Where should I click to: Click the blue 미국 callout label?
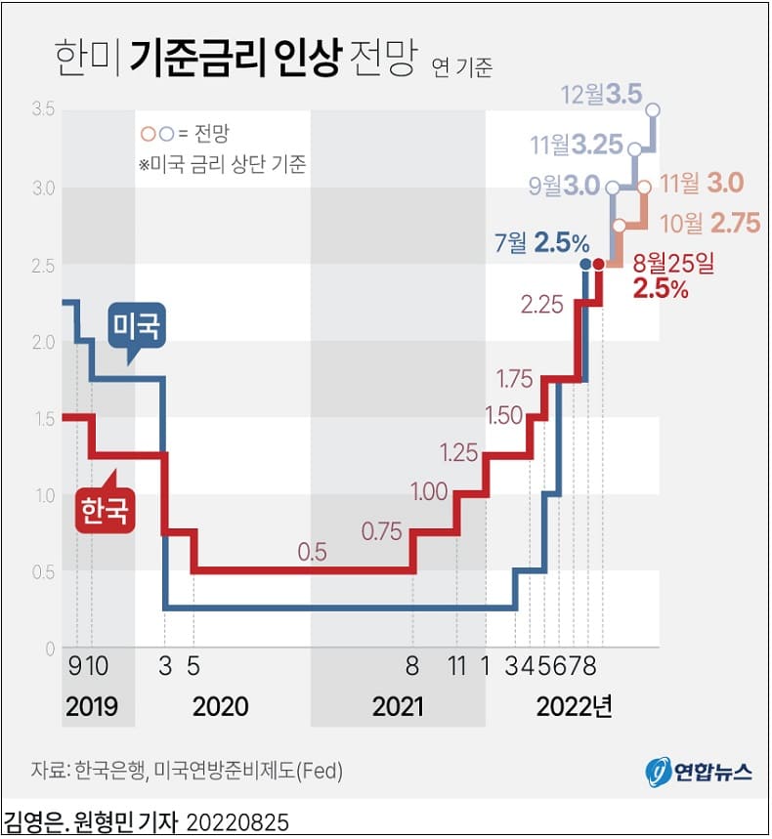coord(137,325)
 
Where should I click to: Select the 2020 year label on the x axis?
coord(220,706)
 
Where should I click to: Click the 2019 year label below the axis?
coord(92,706)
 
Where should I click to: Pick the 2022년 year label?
coord(574,706)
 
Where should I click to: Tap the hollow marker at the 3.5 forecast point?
coord(653,110)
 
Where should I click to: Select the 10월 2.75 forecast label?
coord(710,223)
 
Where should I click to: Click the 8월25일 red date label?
coord(674,263)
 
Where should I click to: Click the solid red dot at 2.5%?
coord(599,264)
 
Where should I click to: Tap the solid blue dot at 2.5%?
coord(585,264)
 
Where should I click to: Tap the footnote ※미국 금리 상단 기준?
coord(223,164)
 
